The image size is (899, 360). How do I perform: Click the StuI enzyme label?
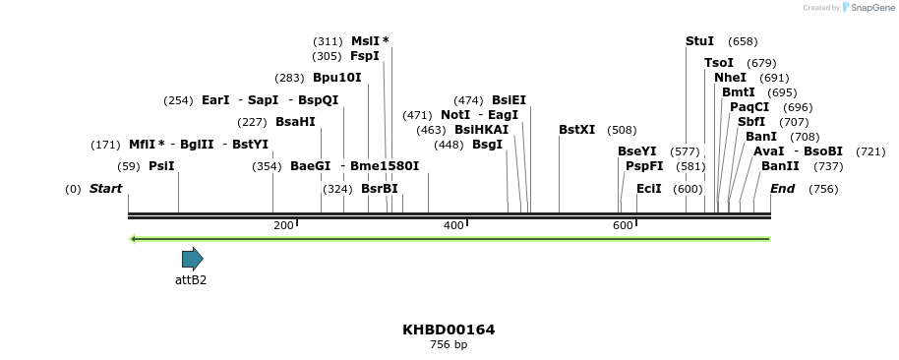[699, 41]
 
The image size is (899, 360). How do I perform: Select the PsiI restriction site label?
[161, 166]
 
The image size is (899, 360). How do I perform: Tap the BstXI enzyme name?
[576, 130]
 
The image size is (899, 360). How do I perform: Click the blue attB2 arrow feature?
[192, 259]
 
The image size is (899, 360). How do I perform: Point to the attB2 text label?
[191, 280]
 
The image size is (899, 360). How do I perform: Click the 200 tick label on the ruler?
[283, 226]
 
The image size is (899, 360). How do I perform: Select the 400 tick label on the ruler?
[453, 226]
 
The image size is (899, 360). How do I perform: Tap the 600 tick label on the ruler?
[623, 226]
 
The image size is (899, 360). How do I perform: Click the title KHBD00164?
[449, 330]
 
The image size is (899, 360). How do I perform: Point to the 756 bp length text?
[449, 345]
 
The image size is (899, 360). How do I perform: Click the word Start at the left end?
[105, 189]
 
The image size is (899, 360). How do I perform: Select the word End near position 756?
[782, 189]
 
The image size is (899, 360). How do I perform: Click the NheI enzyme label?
[730, 78]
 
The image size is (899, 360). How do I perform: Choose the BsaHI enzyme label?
[295, 122]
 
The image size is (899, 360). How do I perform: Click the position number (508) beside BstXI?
[622, 130]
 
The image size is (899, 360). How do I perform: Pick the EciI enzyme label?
[649, 189]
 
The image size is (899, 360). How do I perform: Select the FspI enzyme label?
[364, 56]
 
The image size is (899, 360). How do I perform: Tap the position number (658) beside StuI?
[743, 41]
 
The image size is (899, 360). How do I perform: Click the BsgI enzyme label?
[487, 145]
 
